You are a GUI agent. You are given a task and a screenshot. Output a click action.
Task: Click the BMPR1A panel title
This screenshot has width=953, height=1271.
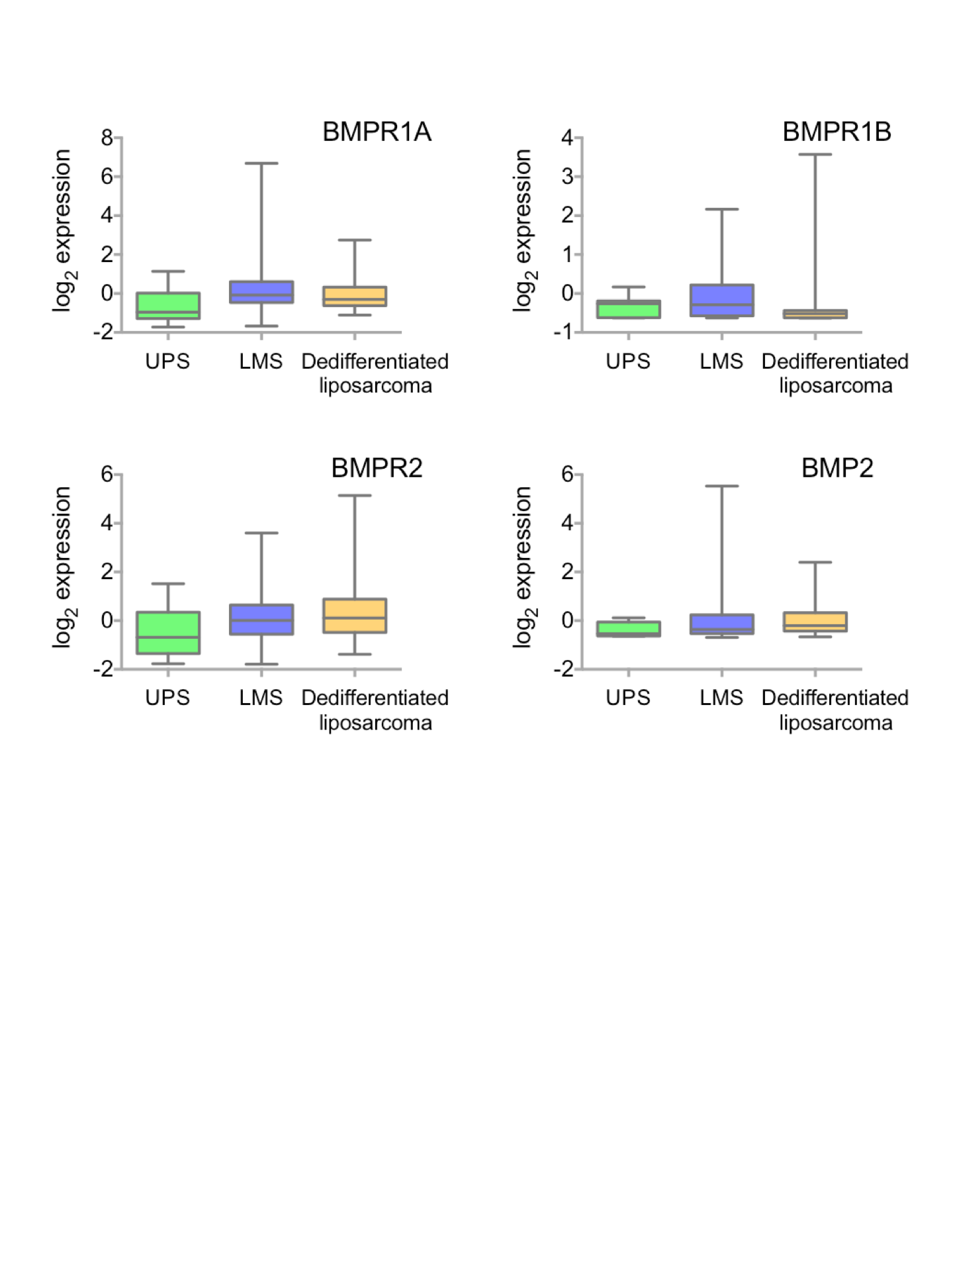tap(377, 132)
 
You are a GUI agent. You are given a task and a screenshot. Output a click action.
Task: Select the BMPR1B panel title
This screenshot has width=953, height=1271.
tap(837, 132)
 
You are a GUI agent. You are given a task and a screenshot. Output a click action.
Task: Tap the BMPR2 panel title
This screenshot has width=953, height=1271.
tap(377, 468)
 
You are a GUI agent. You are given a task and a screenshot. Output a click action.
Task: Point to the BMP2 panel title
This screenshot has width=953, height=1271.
tap(837, 468)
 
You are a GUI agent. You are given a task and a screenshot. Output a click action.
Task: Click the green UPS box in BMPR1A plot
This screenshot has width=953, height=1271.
tap(168, 306)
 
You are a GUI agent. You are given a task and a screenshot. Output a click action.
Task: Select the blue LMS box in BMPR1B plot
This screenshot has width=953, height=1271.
tap(721, 300)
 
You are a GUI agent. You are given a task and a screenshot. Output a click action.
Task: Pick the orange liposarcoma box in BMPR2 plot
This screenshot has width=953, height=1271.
tap(355, 616)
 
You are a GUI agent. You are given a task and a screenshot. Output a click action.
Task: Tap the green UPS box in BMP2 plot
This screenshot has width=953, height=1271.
tap(628, 628)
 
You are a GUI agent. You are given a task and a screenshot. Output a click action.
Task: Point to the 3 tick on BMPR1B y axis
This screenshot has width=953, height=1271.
tap(567, 177)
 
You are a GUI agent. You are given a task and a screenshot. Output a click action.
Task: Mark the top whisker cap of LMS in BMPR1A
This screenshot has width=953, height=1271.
tap(261, 163)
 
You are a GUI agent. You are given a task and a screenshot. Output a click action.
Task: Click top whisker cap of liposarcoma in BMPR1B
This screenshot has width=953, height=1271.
tap(815, 154)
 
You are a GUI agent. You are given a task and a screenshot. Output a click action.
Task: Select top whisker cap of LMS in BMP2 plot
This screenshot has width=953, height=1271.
tap(721, 486)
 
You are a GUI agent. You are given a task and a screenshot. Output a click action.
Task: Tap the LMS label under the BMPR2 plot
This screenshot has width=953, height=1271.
tap(261, 698)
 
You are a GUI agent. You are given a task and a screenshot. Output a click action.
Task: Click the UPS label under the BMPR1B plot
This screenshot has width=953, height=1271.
tap(628, 361)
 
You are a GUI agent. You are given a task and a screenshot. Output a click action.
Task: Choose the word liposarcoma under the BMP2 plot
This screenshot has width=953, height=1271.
tap(835, 722)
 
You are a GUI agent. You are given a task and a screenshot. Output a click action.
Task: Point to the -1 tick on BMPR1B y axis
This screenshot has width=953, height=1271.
tap(564, 332)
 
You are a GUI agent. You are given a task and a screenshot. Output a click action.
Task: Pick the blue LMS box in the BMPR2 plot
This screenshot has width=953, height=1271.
tap(261, 620)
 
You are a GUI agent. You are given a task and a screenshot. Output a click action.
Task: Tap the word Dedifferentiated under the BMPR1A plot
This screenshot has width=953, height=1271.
tap(375, 361)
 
